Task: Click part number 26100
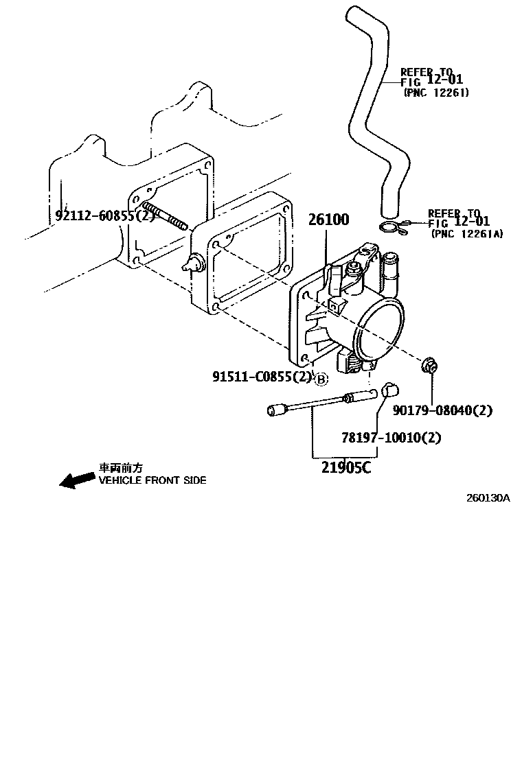328,220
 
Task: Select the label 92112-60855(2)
106,217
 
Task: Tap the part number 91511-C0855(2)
262,377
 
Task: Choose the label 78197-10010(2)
391,437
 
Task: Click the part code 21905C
346,468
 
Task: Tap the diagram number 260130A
488,498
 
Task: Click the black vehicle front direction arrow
77,478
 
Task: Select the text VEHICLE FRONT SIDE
152,481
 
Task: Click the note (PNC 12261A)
467,234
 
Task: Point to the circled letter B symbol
321,378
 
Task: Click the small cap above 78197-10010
389,389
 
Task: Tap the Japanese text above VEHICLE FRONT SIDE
122,467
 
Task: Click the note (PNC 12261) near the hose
436,93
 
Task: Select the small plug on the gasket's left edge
192,262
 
